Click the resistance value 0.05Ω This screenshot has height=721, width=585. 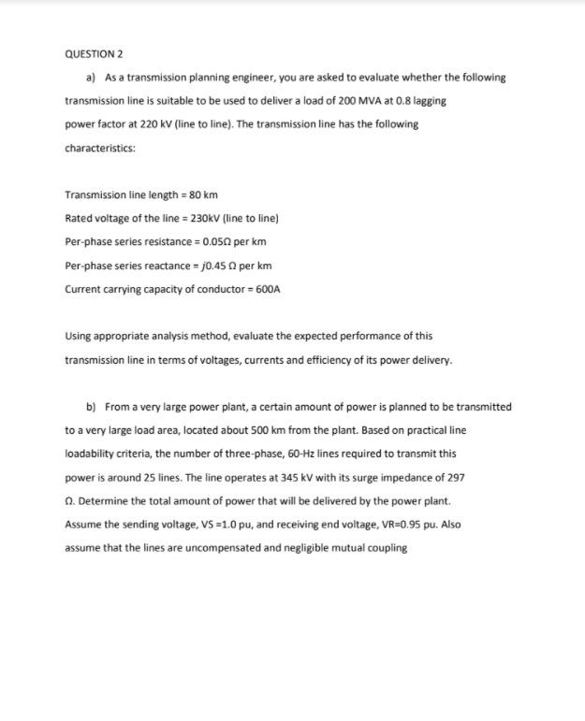click(212, 241)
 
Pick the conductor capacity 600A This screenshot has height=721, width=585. click(266, 288)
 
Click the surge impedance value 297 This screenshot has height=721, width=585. click(453, 477)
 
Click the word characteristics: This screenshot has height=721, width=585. click(100, 148)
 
